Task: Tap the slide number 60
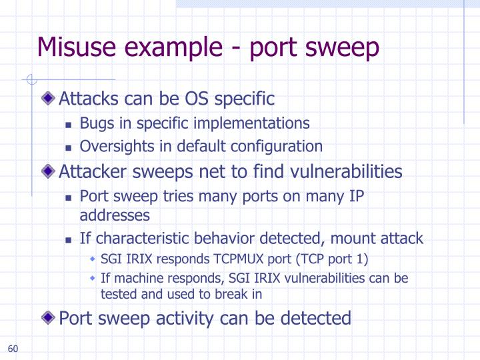(13, 349)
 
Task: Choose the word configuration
(283, 146)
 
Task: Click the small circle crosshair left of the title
(29, 80)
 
